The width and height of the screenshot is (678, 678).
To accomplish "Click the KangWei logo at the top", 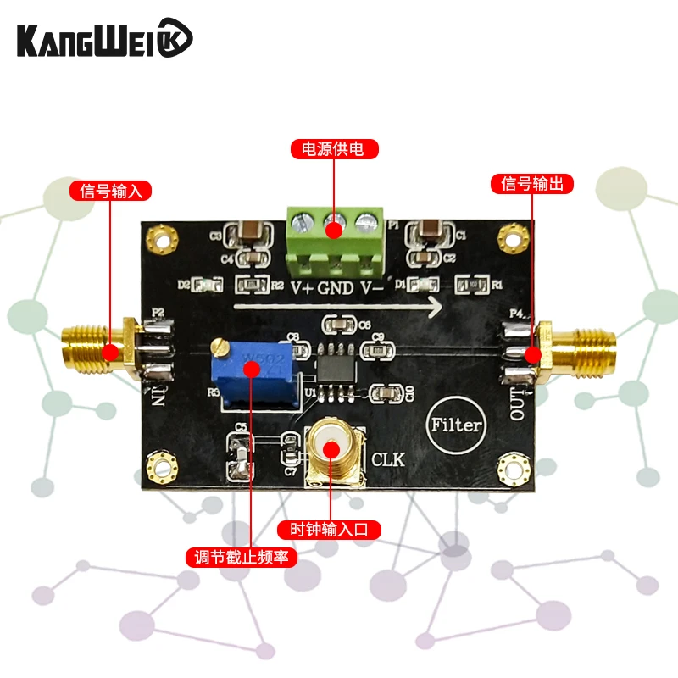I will (106, 40).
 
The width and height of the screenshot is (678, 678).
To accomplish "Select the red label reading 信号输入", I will (109, 190).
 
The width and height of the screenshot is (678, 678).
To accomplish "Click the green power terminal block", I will (334, 242).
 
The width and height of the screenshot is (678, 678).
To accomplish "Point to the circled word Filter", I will (456, 425).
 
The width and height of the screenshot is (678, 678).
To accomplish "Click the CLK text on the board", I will (389, 460).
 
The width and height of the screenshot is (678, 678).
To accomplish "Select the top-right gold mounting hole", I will (508, 235).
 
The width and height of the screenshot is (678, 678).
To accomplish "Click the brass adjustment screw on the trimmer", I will (220, 346).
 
